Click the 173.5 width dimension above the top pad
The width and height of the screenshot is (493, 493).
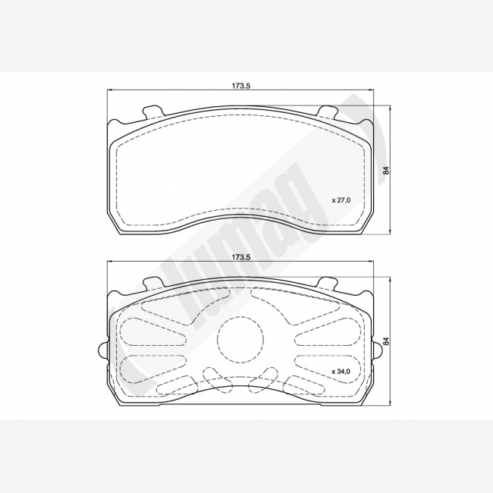[241, 86]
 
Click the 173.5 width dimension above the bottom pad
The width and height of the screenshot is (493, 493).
[241, 257]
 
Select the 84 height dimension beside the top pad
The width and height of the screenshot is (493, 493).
[387, 171]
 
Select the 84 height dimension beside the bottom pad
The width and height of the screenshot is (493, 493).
[387, 341]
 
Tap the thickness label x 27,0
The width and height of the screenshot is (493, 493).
[341, 200]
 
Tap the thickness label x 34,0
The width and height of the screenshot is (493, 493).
[341, 372]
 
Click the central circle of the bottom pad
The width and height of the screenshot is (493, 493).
[240, 339]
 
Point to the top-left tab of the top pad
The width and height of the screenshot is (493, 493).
[153, 111]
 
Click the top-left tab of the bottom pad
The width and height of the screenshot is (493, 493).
[153, 282]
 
